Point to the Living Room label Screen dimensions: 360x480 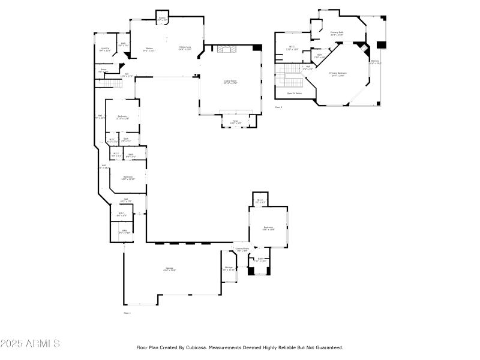coord(230,83)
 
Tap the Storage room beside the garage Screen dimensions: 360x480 coord(229,268)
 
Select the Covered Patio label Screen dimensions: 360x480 coord(242,249)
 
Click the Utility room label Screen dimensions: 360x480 coord(124,231)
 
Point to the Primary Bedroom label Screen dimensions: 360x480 coord(338,74)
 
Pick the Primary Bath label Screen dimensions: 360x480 coord(337,34)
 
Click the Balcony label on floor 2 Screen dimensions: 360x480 coord(375,62)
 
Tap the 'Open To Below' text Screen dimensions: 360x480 coord(294,94)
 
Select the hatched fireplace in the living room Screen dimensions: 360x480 coord(227,50)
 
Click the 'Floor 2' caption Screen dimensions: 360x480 coord(278,107)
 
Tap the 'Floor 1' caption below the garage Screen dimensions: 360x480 coord(127,313)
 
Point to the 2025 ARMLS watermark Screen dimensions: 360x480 coord(30,344)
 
